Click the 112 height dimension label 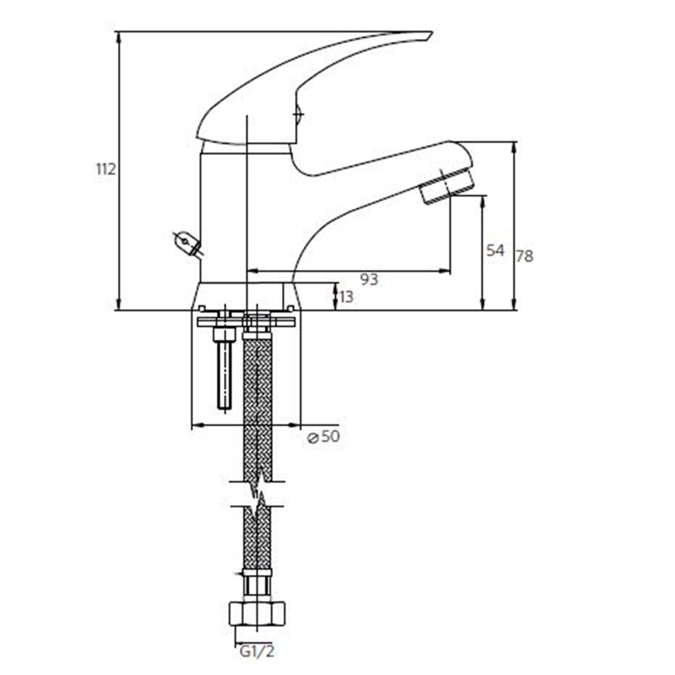pos(106,169)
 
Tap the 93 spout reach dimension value pos(369,280)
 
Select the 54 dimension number pos(496,250)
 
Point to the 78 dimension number pos(525,256)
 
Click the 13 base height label pos(346,297)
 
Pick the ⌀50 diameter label pos(323,436)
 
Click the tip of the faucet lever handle pos(431,33)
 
